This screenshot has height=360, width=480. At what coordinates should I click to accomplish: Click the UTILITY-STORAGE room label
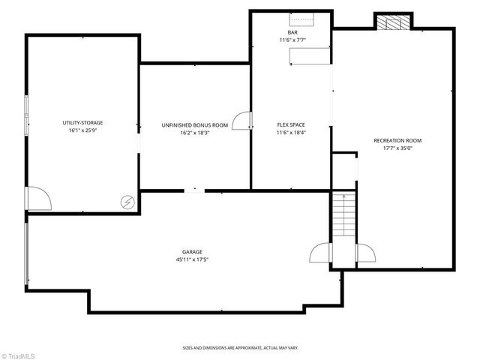[x=82, y=122]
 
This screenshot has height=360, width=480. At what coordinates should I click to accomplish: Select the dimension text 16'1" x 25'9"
[x=82, y=130]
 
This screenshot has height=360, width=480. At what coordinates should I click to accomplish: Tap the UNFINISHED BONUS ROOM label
[x=195, y=124]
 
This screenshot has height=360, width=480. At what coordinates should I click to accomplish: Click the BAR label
[x=292, y=32]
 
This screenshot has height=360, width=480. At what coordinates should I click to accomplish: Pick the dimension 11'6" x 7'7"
[x=292, y=40]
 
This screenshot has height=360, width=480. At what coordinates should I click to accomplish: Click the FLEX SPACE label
[x=292, y=124]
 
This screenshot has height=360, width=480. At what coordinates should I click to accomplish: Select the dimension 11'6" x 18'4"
[x=292, y=133]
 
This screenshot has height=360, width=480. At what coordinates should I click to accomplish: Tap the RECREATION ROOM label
[x=397, y=140]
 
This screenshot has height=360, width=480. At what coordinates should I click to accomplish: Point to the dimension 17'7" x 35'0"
[x=397, y=148]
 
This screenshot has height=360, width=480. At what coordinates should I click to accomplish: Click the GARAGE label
[x=192, y=252]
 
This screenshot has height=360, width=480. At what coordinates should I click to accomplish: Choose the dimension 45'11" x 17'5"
[x=192, y=260]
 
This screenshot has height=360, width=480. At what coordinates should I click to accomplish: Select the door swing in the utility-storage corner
[x=37, y=199]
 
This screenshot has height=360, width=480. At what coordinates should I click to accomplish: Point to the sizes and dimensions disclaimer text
[x=239, y=348]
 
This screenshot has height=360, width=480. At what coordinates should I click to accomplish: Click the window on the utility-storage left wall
[x=26, y=116]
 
